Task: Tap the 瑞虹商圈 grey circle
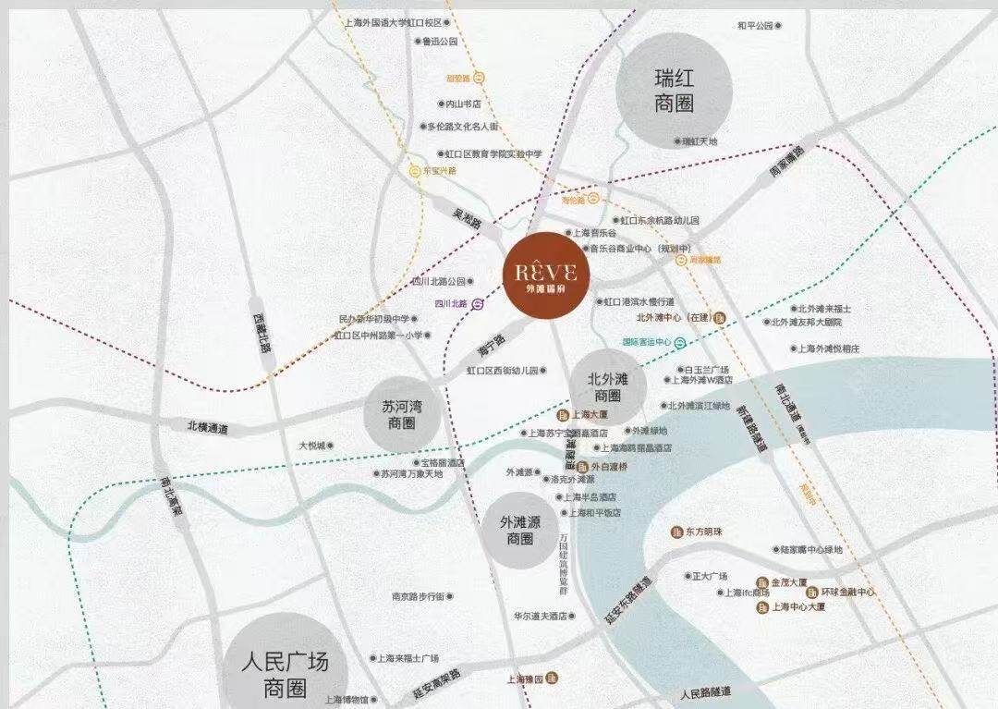point(674,92)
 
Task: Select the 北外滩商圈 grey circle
point(607,386)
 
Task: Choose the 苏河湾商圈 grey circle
point(401,413)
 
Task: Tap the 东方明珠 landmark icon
point(677,532)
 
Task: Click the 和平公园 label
point(755,26)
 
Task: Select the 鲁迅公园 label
point(440,42)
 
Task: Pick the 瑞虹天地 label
point(699,141)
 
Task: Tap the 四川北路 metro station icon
point(477,303)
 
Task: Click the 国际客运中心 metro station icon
point(679,342)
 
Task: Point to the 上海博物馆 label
point(346,699)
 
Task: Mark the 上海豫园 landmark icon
point(551,678)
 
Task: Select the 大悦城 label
point(311,446)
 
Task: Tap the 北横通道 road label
point(207,428)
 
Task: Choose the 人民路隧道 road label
point(705,692)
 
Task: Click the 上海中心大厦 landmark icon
point(761,607)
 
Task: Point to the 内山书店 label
point(463,104)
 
